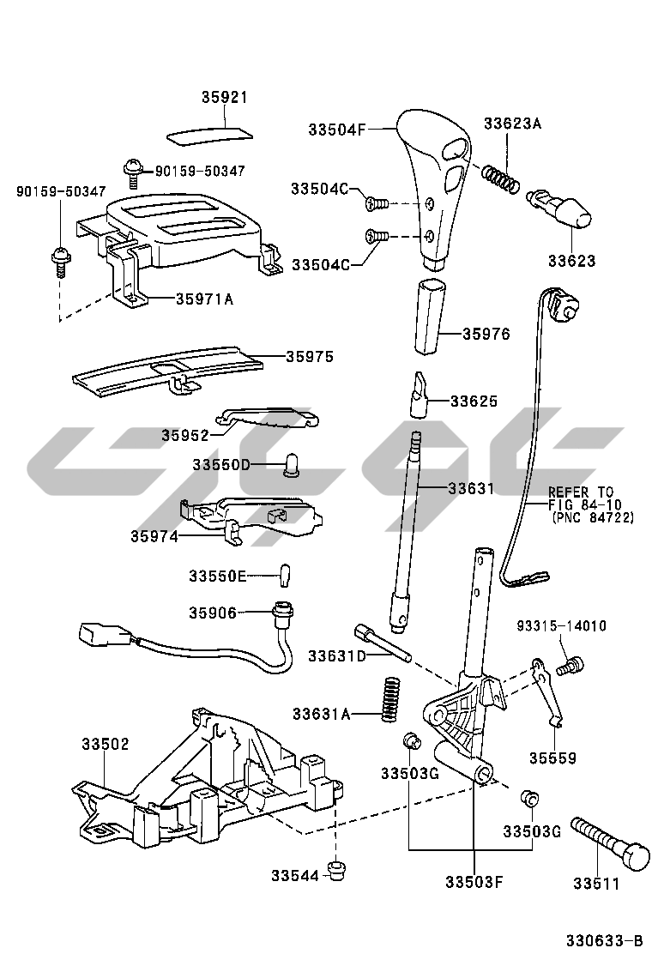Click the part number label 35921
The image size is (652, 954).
point(224,98)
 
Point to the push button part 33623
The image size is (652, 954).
point(562,208)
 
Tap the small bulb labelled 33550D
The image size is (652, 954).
point(291,465)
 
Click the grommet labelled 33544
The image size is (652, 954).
point(335,871)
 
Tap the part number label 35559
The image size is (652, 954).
point(552,758)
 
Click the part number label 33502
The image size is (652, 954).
point(106,744)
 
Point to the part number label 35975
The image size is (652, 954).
point(310,354)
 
